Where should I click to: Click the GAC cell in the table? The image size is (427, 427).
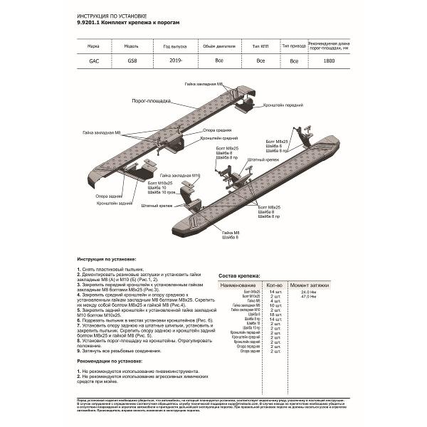[94, 61]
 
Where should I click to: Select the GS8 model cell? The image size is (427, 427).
[133, 61]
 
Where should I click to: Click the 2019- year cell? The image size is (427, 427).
[173, 61]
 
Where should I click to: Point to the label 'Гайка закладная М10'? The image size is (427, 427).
[180, 174]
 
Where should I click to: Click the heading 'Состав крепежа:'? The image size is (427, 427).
[239, 275]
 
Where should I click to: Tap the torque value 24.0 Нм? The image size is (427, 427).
[308, 292]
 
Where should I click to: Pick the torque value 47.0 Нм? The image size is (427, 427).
[308, 297]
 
